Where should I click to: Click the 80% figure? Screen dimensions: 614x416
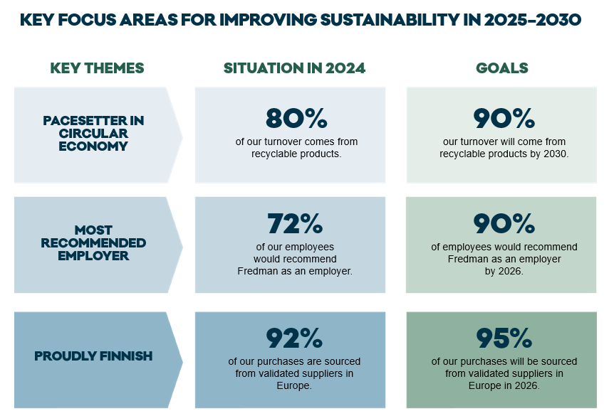[x=296, y=118]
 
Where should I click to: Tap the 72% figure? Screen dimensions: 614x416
[x=296, y=223]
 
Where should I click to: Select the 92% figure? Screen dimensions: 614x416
[x=294, y=338]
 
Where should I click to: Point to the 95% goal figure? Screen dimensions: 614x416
[x=504, y=338]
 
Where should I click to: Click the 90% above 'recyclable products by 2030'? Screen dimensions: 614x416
[x=504, y=118]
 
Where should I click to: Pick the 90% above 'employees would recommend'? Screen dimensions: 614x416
[x=504, y=223]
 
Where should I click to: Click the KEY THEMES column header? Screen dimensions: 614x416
[x=97, y=68]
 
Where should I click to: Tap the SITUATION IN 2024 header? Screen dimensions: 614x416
[x=294, y=68]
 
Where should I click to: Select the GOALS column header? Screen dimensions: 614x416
[x=502, y=68]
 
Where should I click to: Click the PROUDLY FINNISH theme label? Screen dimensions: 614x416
[x=93, y=356]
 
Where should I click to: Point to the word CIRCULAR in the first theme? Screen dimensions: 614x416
[x=93, y=133]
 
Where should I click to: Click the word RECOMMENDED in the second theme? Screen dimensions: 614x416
[x=93, y=242]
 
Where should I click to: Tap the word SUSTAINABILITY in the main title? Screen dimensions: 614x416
[x=390, y=20]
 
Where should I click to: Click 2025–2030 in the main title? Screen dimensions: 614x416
[x=533, y=20]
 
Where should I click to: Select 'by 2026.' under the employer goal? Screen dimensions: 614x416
[x=504, y=271]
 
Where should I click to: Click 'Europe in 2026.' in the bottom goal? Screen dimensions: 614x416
[x=504, y=385]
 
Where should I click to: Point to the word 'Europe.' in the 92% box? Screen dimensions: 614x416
[x=294, y=385]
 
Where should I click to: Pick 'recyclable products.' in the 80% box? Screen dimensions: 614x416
[x=296, y=154]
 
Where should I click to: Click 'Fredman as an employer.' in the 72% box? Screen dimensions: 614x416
[x=295, y=271]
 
